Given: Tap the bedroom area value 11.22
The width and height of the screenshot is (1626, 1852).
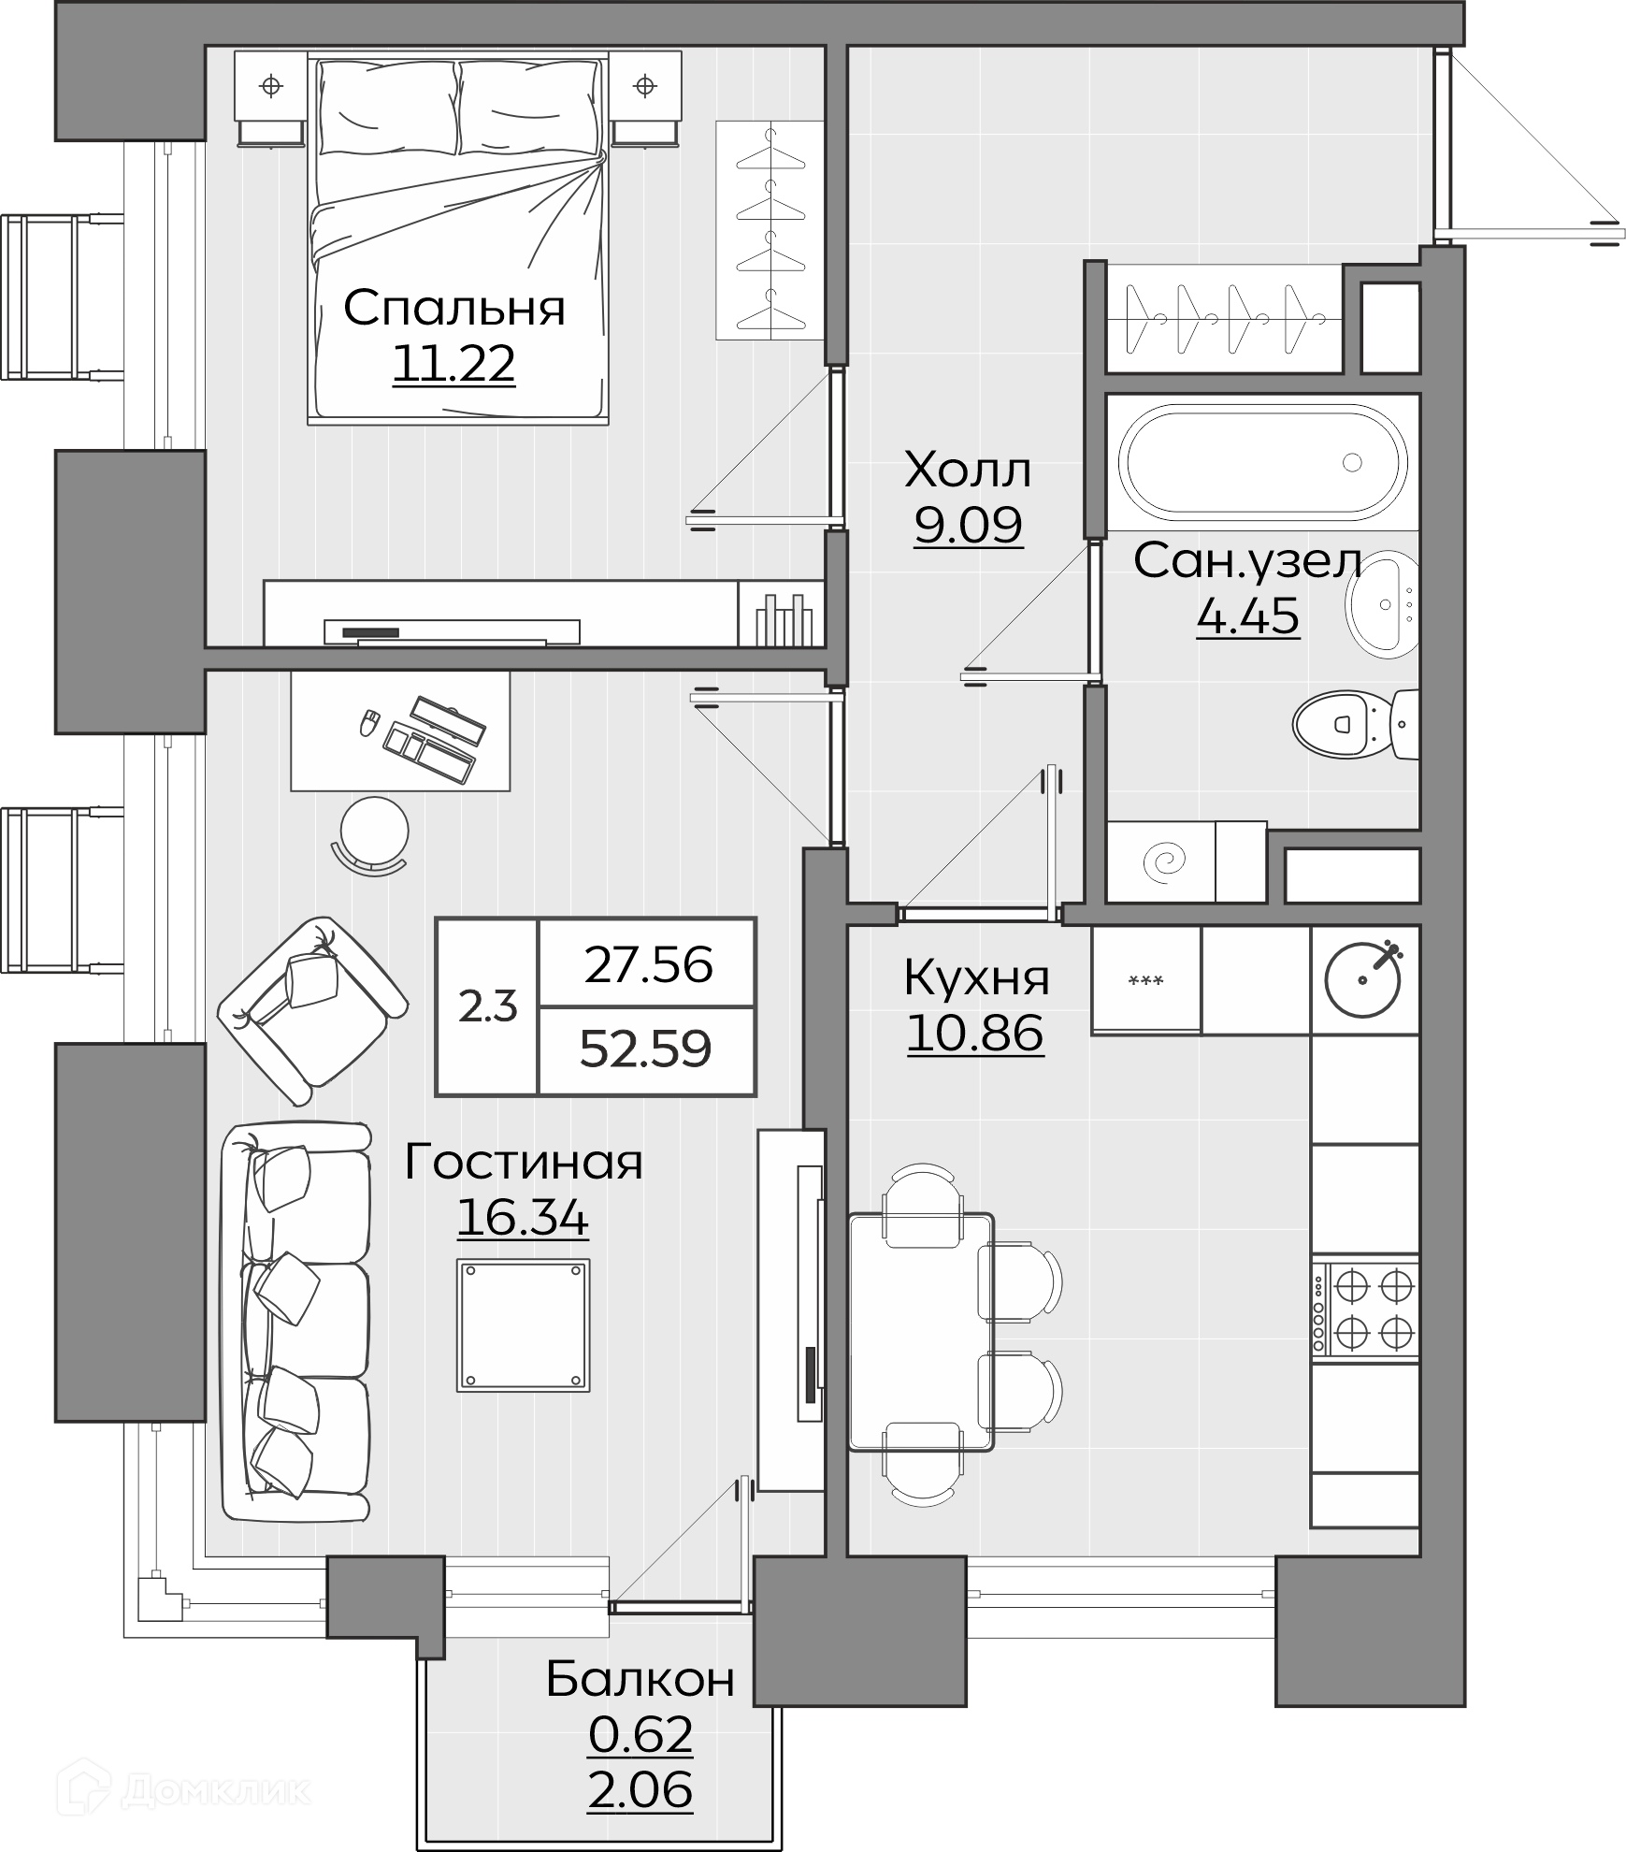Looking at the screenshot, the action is pyautogui.click(x=454, y=363).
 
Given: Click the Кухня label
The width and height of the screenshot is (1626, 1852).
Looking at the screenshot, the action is pyautogui.click(x=976, y=978).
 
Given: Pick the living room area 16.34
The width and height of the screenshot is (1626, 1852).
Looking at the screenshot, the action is pyautogui.click(x=523, y=1218).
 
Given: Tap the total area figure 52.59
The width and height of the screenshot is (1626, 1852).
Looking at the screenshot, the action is pyautogui.click(x=646, y=1049).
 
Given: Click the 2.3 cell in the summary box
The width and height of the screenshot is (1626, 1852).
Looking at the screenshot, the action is pyautogui.click(x=488, y=1007).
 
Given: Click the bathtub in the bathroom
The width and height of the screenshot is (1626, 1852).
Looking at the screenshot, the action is pyautogui.click(x=1263, y=463).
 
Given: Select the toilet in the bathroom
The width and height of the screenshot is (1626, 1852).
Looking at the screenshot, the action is pyautogui.click(x=1357, y=724).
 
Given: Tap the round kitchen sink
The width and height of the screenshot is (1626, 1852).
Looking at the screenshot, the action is pyautogui.click(x=1363, y=980).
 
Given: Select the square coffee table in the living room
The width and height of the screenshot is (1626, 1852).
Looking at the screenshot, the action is pyautogui.click(x=524, y=1324).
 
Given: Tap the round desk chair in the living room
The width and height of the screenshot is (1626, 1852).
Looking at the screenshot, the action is pyautogui.click(x=374, y=832).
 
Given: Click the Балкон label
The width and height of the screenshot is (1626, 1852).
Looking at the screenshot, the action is pyautogui.click(x=640, y=1679).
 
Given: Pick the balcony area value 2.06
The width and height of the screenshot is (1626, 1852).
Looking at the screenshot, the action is pyautogui.click(x=640, y=1790).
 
